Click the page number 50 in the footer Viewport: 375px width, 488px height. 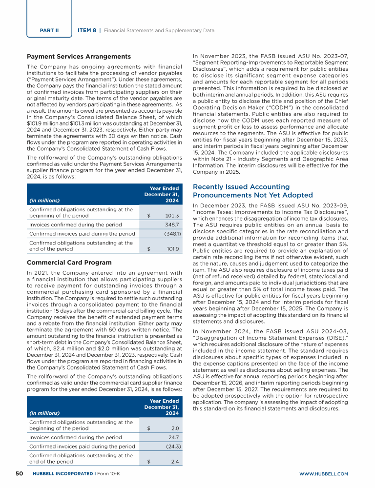pyautogui.click(x=20, y=474)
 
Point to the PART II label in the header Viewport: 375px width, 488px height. pyautogui.click(x=49, y=30)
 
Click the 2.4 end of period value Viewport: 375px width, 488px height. pyautogui.click(x=175, y=461)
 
